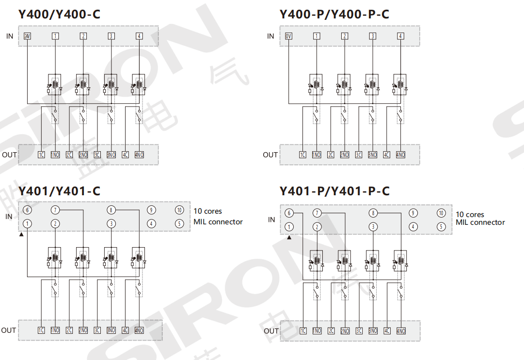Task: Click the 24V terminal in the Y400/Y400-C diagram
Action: pyautogui.click(x=27, y=36)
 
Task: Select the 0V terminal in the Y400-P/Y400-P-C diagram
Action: pyautogui.click(x=289, y=36)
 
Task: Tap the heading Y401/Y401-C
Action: pyautogui.click(x=59, y=191)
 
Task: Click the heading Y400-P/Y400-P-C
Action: pyautogui.click(x=334, y=15)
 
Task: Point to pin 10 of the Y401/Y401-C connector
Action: pyautogui.click(x=179, y=210)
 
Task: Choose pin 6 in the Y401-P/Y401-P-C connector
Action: pyautogui.click(x=289, y=213)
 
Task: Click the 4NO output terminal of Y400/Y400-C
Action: pyautogui.click(x=140, y=155)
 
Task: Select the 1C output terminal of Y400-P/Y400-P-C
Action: pyautogui.click(x=302, y=155)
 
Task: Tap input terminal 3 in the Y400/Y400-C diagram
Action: pyautogui.click(x=111, y=36)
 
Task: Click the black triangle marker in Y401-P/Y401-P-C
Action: pyautogui.click(x=289, y=237)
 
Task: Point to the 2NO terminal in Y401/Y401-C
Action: pyautogui.click(x=83, y=330)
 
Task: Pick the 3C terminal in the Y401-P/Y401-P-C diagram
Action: pyautogui.click(x=359, y=331)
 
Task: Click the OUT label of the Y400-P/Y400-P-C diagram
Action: pyautogui.click(x=270, y=155)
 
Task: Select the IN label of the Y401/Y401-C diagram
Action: pyautogui.click(x=9, y=217)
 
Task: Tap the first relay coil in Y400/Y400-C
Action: pyautogui.click(x=55, y=85)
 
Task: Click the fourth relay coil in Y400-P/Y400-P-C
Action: pyautogui.click(x=401, y=85)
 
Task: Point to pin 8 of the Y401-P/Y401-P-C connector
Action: pyautogui.click(x=373, y=213)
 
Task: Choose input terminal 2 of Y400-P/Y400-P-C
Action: pyautogui.click(x=345, y=36)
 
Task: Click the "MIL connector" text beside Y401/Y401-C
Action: pyautogui.click(x=218, y=221)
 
